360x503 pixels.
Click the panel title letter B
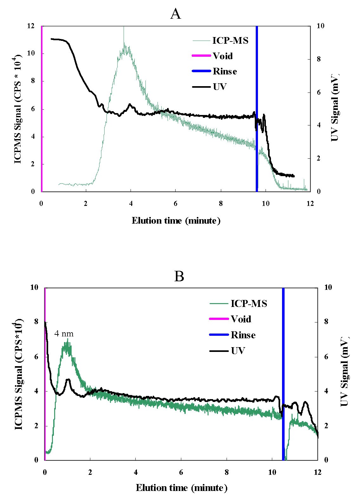click(179, 277)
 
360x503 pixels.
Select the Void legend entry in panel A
click(222, 56)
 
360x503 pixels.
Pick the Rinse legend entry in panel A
click(224, 71)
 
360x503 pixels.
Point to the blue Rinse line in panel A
click(257, 95)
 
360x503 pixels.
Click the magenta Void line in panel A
click(42, 111)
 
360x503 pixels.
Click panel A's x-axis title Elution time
click(176, 220)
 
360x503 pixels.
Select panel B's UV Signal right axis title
click(344, 374)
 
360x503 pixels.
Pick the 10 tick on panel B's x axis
click(272, 472)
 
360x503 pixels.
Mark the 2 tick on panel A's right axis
click(314, 158)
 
